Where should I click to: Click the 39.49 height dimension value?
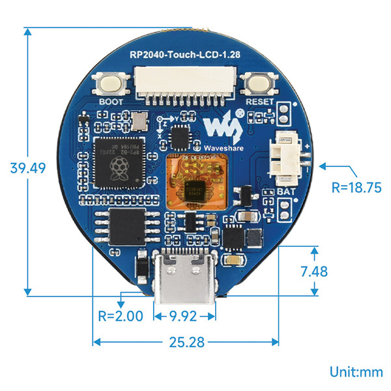tap(27, 167)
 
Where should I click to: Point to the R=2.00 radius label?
tap(119, 317)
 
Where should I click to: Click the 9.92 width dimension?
tap(184, 317)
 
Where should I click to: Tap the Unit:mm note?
tap(356, 372)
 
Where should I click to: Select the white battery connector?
tap(285, 156)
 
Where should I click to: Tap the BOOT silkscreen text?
tap(110, 102)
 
